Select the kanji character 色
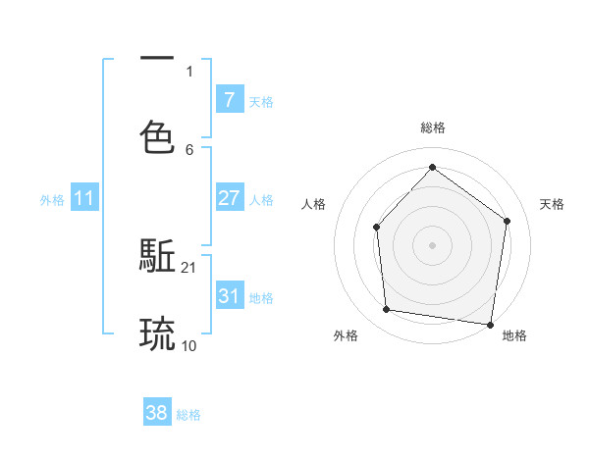click(x=157, y=137)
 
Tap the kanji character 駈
click(x=157, y=257)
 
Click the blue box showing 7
click(x=229, y=99)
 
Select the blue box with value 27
click(x=229, y=198)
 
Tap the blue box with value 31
click(x=229, y=296)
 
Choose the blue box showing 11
click(x=84, y=198)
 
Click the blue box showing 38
click(x=157, y=413)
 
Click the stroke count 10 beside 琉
click(x=188, y=345)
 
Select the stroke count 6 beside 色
click(x=188, y=149)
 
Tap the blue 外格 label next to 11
click(x=52, y=199)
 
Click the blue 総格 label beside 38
click(x=188, y=415)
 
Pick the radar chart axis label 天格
click(x=552, y=204)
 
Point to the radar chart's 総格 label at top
click(x=432, y=128)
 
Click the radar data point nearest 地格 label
click(x=491, y=324)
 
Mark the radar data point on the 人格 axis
click(x=376, y=228)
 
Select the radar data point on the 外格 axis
click(x=387, y=310)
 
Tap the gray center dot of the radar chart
click(x=432, y=245)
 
